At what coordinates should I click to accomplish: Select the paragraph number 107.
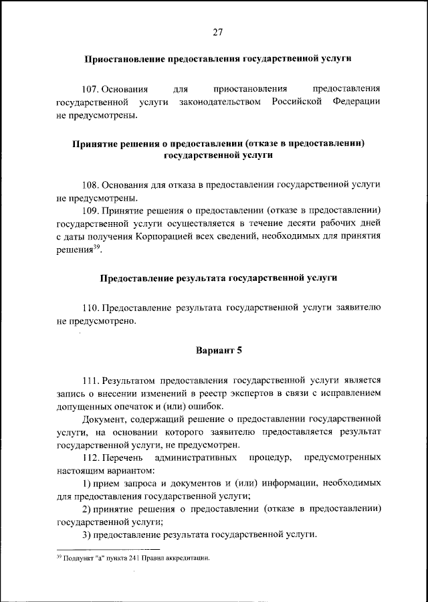[92, 89]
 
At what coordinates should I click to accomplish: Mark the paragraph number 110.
[92, 308]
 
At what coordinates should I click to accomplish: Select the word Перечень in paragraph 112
[123, 458]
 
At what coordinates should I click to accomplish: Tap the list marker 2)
[87, 508]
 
